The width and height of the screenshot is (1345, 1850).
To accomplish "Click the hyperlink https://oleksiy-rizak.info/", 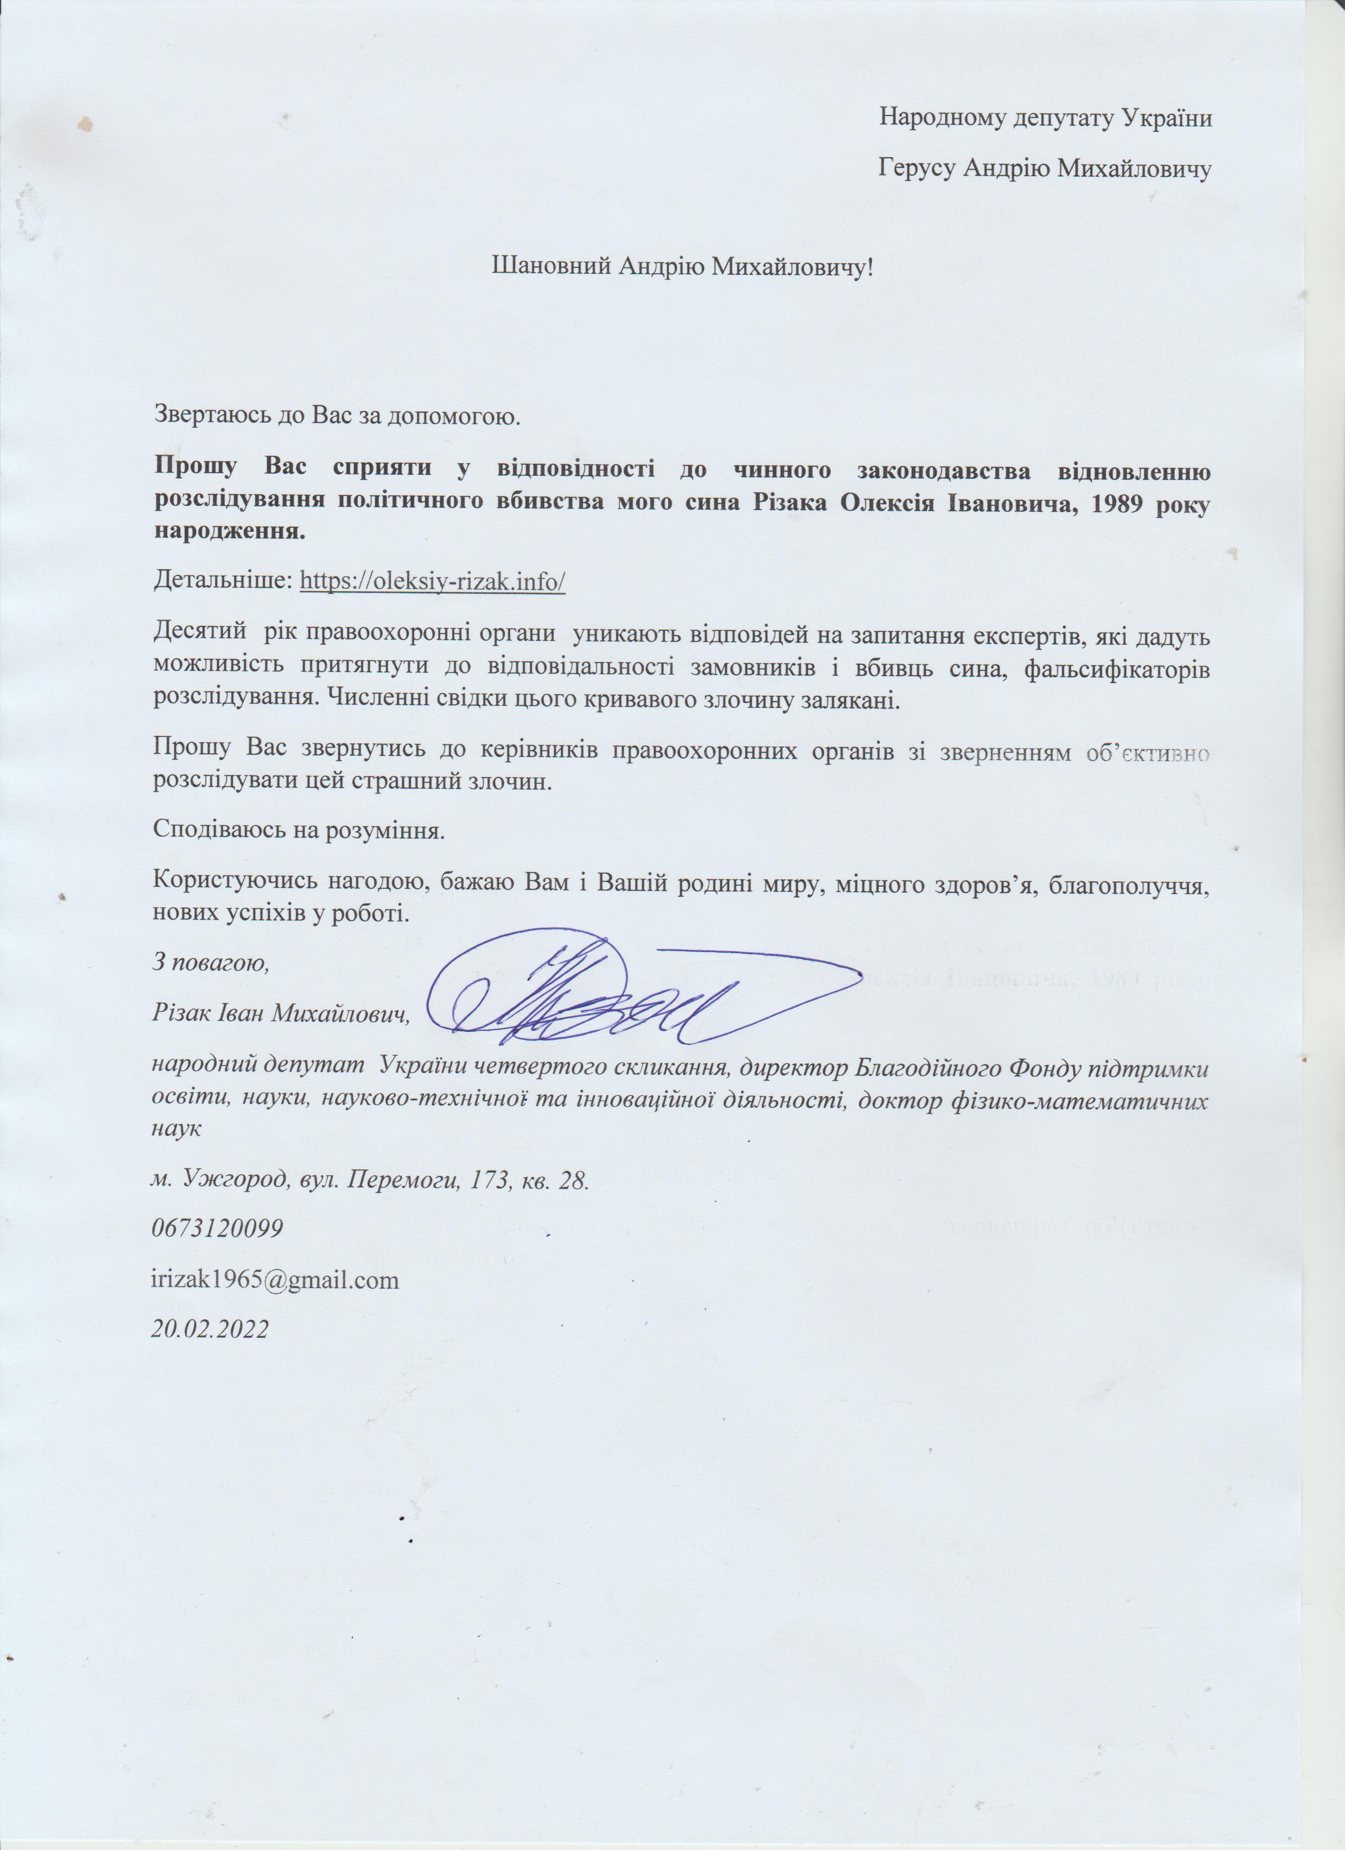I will [x=433, y=582].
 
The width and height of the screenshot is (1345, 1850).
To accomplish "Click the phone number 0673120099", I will [x=218, y=1229].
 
